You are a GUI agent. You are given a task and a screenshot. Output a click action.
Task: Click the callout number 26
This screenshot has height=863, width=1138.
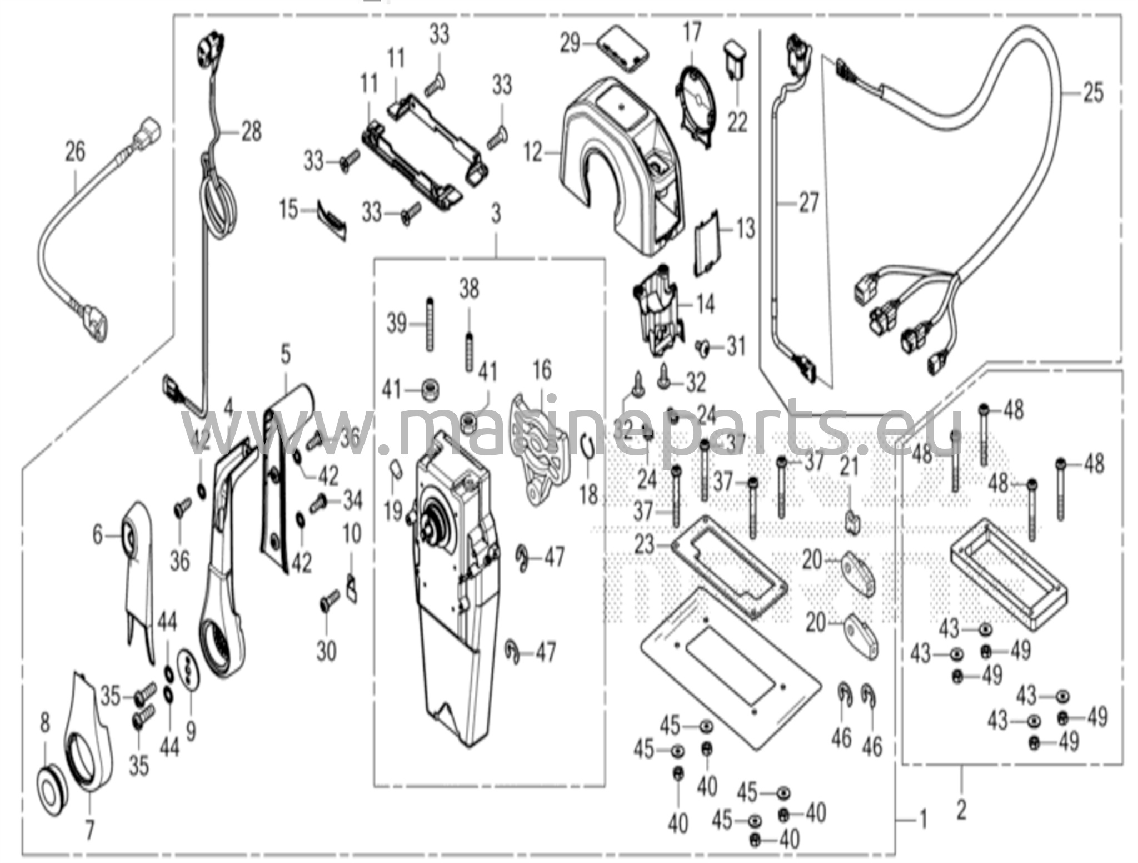click(x=76, y=151)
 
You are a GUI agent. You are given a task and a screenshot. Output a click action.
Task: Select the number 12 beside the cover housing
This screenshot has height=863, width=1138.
click(x=533, y=152)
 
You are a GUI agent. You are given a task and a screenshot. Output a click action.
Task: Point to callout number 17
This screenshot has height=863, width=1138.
click(x=692, y=32)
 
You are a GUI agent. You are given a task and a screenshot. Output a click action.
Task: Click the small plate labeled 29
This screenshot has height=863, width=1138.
click(x=623, y=49)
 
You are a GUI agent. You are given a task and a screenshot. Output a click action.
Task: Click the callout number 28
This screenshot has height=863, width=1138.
click(x=251, y=132)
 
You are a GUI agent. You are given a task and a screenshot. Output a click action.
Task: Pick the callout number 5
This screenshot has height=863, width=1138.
click(x=285, y=354)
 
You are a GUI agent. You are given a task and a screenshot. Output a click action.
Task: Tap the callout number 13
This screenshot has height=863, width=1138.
click(x=745, y=227)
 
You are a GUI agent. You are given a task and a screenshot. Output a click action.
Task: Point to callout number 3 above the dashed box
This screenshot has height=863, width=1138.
click(x=496, y=213)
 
